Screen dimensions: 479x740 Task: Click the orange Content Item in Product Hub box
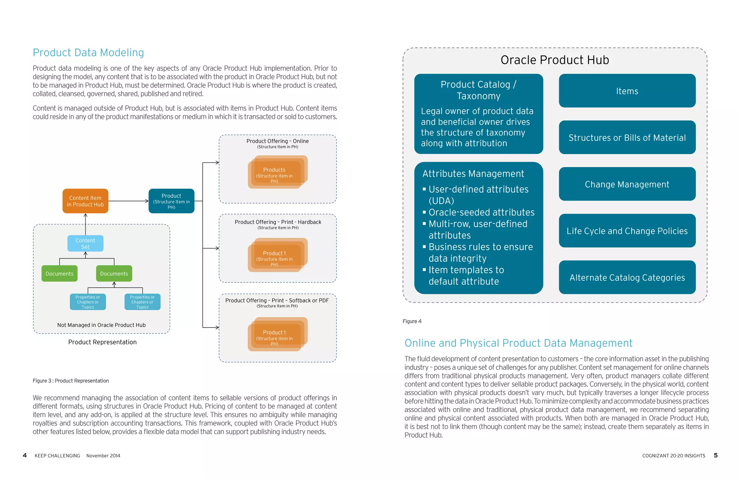pos(85,201)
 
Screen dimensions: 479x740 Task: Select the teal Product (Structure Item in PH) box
pos(171,201)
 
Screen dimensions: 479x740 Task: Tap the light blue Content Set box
pos(85,243)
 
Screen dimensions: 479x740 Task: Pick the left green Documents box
pos(59,274)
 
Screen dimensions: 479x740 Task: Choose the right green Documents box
pos(114,274)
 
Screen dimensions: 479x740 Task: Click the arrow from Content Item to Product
pos(128,201)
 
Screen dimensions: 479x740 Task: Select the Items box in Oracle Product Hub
pos(627,91)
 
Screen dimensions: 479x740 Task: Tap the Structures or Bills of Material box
pos(627,138)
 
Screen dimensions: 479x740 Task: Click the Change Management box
pos(627,184)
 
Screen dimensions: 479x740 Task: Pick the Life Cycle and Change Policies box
pos(627,231)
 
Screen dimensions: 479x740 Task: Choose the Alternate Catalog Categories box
pos(627,278)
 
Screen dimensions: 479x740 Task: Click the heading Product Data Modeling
pos(88,53)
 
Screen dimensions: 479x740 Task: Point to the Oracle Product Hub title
pos(555,60)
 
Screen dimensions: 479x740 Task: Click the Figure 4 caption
pos(412,321)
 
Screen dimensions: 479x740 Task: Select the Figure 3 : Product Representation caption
pos(71,381)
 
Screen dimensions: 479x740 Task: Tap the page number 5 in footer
pos(715,456)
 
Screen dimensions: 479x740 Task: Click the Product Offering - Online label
pos(277,141)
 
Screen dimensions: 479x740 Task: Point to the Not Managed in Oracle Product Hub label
pos(102,325)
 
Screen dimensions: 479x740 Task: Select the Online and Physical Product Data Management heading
pos(518,343)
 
